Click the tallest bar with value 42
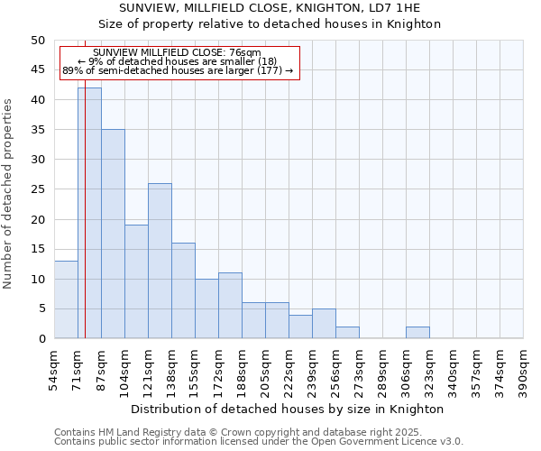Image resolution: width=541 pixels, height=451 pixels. (x=89, y=213)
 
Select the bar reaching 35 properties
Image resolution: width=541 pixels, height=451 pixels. (x=113, y=234)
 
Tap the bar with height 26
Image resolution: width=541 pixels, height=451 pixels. (x=160, y=261)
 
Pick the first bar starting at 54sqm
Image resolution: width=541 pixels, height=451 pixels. (x=66, y=299)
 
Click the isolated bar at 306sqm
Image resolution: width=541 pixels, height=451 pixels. (x=417, y=333)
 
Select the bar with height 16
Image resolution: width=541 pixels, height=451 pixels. (x=183, y=290)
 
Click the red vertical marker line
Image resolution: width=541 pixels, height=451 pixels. (x=85, y=225)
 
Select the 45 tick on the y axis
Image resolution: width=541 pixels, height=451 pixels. (x=37, y=70)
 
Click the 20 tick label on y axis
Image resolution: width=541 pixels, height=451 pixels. (x=37, y=219)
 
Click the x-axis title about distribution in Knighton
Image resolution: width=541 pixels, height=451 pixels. (x=288, y=409)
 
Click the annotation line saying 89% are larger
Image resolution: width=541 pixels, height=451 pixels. (x=178, y=70)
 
